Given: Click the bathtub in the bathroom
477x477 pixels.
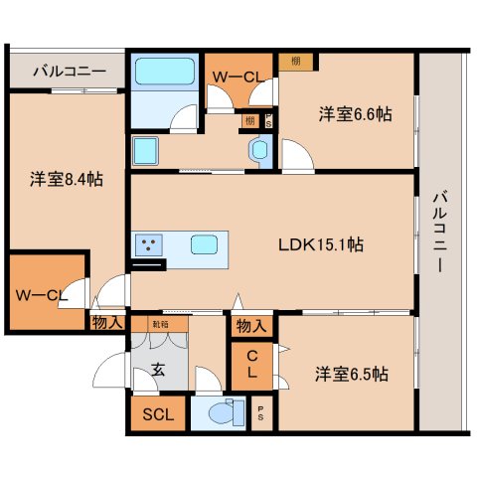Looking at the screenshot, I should point(164,73).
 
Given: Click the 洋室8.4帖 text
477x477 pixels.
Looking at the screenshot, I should point(66,179).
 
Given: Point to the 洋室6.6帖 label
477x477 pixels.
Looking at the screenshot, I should point(355,114).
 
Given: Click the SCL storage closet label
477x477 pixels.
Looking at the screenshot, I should point(158,415).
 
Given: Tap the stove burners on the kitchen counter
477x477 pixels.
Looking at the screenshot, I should point(150,243).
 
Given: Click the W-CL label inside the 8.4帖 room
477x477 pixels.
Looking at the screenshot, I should point(41,294).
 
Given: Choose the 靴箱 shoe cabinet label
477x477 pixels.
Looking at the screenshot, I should point(160,324).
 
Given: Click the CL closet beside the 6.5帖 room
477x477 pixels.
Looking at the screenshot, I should point(253,365).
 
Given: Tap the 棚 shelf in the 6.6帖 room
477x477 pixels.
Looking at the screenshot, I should point(296,62).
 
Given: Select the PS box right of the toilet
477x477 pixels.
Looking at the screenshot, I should point(260,415).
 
